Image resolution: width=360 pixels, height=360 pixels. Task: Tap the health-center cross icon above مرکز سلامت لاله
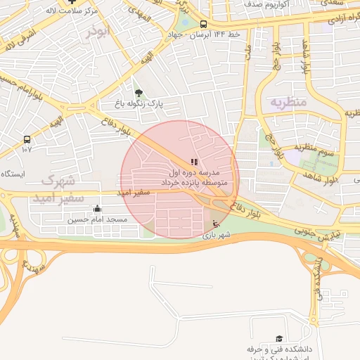(72, 2)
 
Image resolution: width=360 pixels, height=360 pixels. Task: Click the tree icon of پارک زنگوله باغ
(138, 92)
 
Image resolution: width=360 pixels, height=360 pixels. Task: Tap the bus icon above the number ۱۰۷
(27, 139)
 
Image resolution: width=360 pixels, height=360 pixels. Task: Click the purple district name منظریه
(288, 103)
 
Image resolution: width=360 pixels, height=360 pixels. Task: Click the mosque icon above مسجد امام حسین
(97, 209)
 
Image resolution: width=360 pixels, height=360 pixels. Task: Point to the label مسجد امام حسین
(97, 220)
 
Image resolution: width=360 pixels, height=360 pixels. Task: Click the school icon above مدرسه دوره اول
(194, 162)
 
